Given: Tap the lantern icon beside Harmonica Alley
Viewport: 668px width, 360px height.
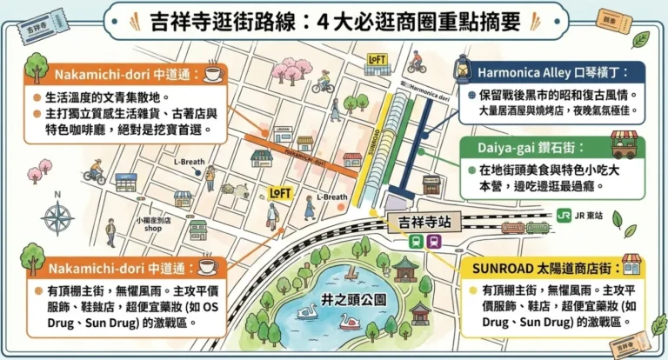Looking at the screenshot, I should (462, 67).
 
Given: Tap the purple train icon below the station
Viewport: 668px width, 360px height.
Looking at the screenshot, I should (434, 242).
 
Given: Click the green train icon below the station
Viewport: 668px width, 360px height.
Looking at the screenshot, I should (417, 242).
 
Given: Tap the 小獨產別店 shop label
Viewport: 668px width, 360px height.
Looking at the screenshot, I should (153, 224).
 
